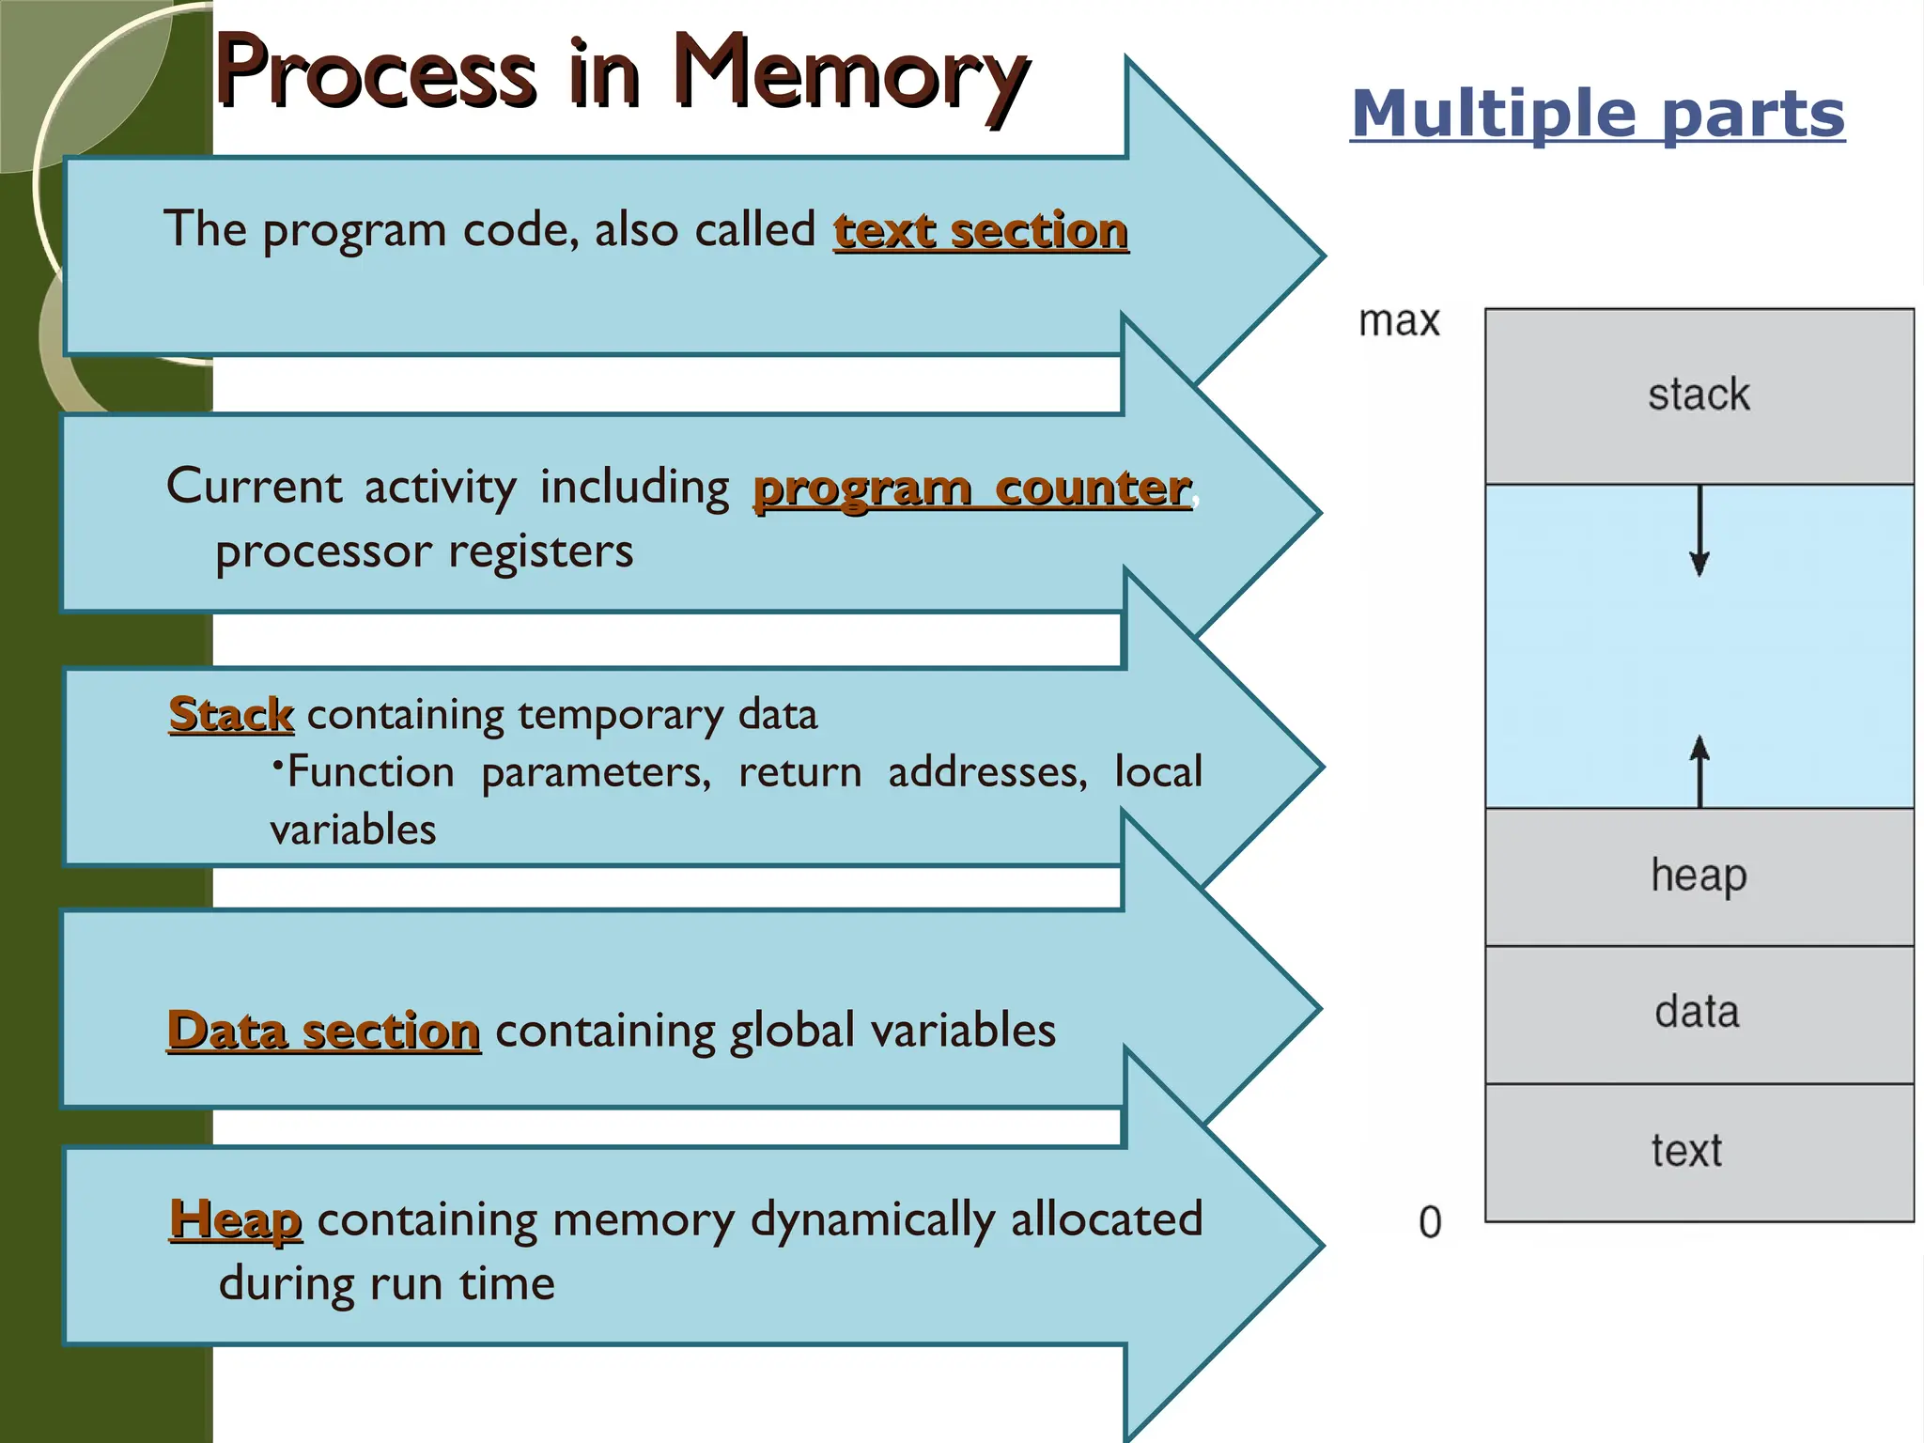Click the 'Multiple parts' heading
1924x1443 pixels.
coord(1597,115)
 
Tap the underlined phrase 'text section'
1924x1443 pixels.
coord(980,231)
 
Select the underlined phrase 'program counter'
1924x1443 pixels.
coord(971,489)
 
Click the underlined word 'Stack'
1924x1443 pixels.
coord(231,715)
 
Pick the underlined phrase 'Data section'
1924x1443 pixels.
coord(323,1031)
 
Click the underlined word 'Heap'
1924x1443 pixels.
coord(235,1220)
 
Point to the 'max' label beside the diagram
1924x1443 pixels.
coord(1398,321)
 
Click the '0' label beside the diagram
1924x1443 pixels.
coord(1429,1222)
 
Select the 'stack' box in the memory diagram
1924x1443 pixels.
coord(1699,396)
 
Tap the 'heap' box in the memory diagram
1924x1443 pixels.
coord(1699,876)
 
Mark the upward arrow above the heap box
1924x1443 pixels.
coord(1699,770)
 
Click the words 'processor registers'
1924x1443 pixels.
coord(424,551)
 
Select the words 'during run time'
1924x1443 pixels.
coord(386,1283)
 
